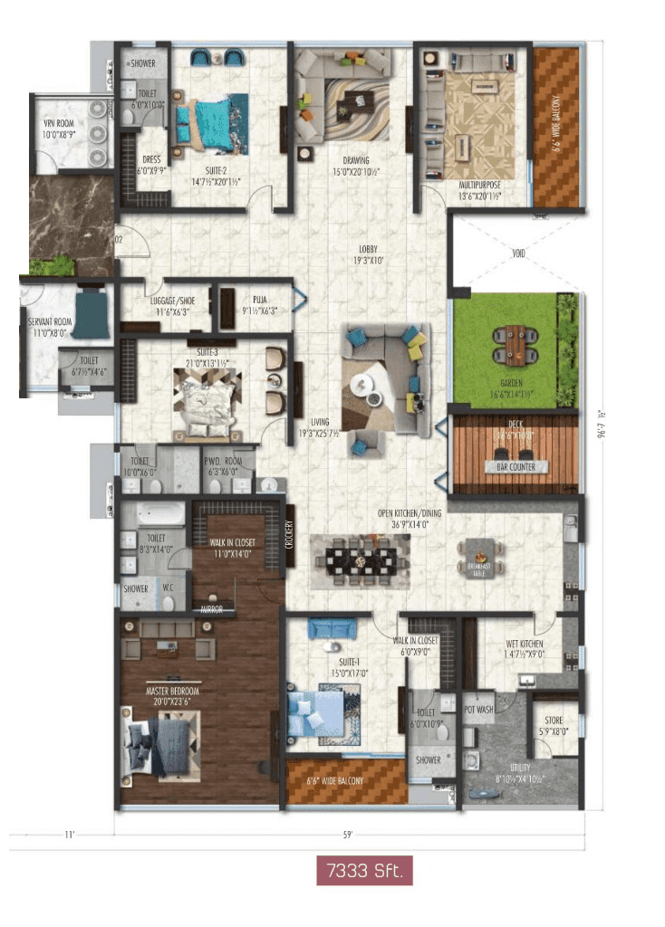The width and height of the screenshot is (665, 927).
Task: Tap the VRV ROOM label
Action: click(x=61, y=124)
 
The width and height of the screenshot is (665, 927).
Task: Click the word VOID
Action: click(x=517, y=254)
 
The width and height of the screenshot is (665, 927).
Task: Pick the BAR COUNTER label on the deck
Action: click(x=514, y=467)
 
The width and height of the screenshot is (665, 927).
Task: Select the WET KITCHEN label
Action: click(x=525, y=645)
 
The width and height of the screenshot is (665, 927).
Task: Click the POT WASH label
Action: click(x=478, y=709)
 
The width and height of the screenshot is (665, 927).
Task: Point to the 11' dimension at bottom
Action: click(x=69, y=836)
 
